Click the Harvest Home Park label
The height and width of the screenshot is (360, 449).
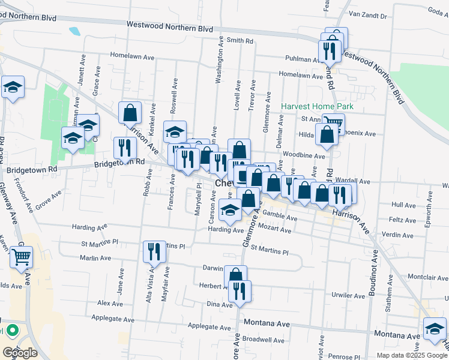318,106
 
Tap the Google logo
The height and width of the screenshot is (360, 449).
20,353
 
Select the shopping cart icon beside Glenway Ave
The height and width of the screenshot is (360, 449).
22,257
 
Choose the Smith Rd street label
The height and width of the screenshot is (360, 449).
240,41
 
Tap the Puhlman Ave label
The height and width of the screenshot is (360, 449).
303,59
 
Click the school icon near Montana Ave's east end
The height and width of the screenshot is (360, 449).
435,328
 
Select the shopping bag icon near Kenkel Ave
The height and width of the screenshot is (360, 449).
130,112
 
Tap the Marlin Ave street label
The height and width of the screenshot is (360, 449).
95,258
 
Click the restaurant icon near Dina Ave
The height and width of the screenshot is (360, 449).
240,291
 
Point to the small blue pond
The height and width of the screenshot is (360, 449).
74,31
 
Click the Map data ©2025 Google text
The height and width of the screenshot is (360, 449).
411,355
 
